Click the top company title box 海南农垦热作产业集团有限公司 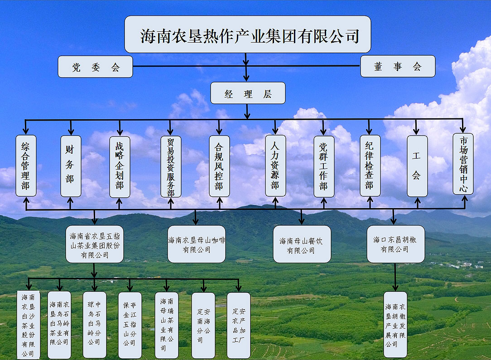pyautogui.click(x=247, y=34)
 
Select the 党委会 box pyautogui.click(x=95, y=67)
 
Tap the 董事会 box pyautogui.click(x=398, y=66)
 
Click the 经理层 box pyautogui.click(x=248, y=93)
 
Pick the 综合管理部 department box pyautogui.click(x=26, y=166)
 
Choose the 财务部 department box pyautogui.click(x=71, y=166)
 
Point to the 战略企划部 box pyautogui.click(x=120, y=167)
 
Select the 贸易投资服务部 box pyautogui.click(x=171, y=166)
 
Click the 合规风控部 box pyautogui.click(x=219, y=166)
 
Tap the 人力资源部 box pyautogui.click(x=275, y=165)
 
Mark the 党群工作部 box pyautogui.click(x=324, y=166)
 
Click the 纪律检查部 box pyautogui.click(x=370, y=165)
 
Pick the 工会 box pyautogui.click(x=417, y=166)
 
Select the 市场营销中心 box pyautogui.click(x=463, y=164)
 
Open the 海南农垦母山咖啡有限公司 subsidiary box pyautogui.click(x=197, y=244)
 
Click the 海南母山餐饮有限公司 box pyautogui.click(x=302, y=244)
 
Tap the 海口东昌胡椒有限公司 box pyautogui.click(x=395, y=244)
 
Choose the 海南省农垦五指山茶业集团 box pyautogui.click(x=95, y=244)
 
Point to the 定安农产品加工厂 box pyautogui.click(x=238, y=325)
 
